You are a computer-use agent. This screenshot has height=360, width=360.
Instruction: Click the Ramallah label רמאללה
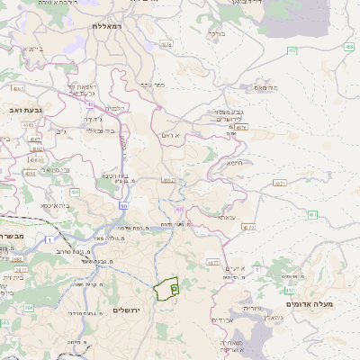(112, 26)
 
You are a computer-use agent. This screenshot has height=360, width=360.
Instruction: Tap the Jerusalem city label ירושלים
(130, 310)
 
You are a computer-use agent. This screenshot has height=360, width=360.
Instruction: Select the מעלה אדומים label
(310, 304)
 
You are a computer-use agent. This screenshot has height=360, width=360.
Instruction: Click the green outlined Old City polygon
(166, 290)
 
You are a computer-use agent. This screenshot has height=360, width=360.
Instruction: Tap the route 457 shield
(293, 51)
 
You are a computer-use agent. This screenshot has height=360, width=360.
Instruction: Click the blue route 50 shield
(122, 206)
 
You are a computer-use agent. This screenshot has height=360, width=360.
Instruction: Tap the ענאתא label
(225, 216)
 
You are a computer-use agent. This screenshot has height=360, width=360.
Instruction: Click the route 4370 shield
(241, 128)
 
